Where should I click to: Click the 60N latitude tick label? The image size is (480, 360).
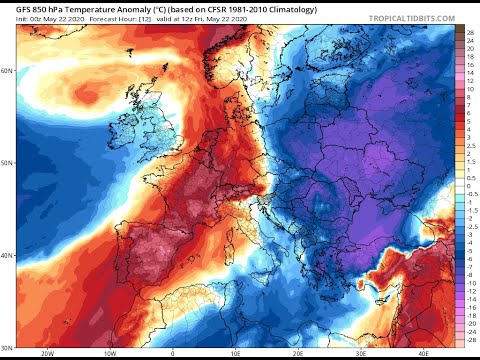[x=8, y=71]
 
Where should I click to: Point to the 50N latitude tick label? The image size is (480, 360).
[x=8, y=162]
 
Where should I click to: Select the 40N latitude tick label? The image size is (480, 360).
[x=8, y=254]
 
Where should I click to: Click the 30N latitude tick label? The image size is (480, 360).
[x=8, y=346]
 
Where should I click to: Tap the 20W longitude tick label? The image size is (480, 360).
[x=48, y=353]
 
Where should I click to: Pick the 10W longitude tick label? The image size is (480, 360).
[x=106, y=353]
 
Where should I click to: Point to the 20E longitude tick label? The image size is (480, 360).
[x=297, y=353]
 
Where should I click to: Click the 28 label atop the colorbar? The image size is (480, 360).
[x=469, y=33]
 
